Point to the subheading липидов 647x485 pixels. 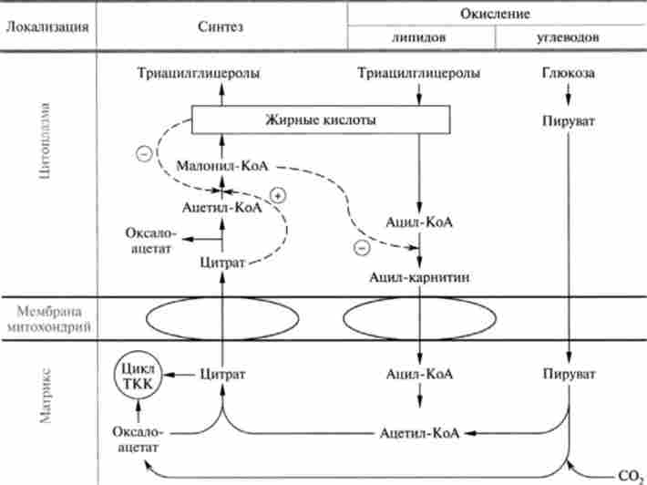coord(418,37)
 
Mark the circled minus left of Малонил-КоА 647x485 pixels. coord(142,154)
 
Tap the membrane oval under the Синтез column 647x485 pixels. coord(221,318)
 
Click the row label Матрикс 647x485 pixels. coord(47,396)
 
